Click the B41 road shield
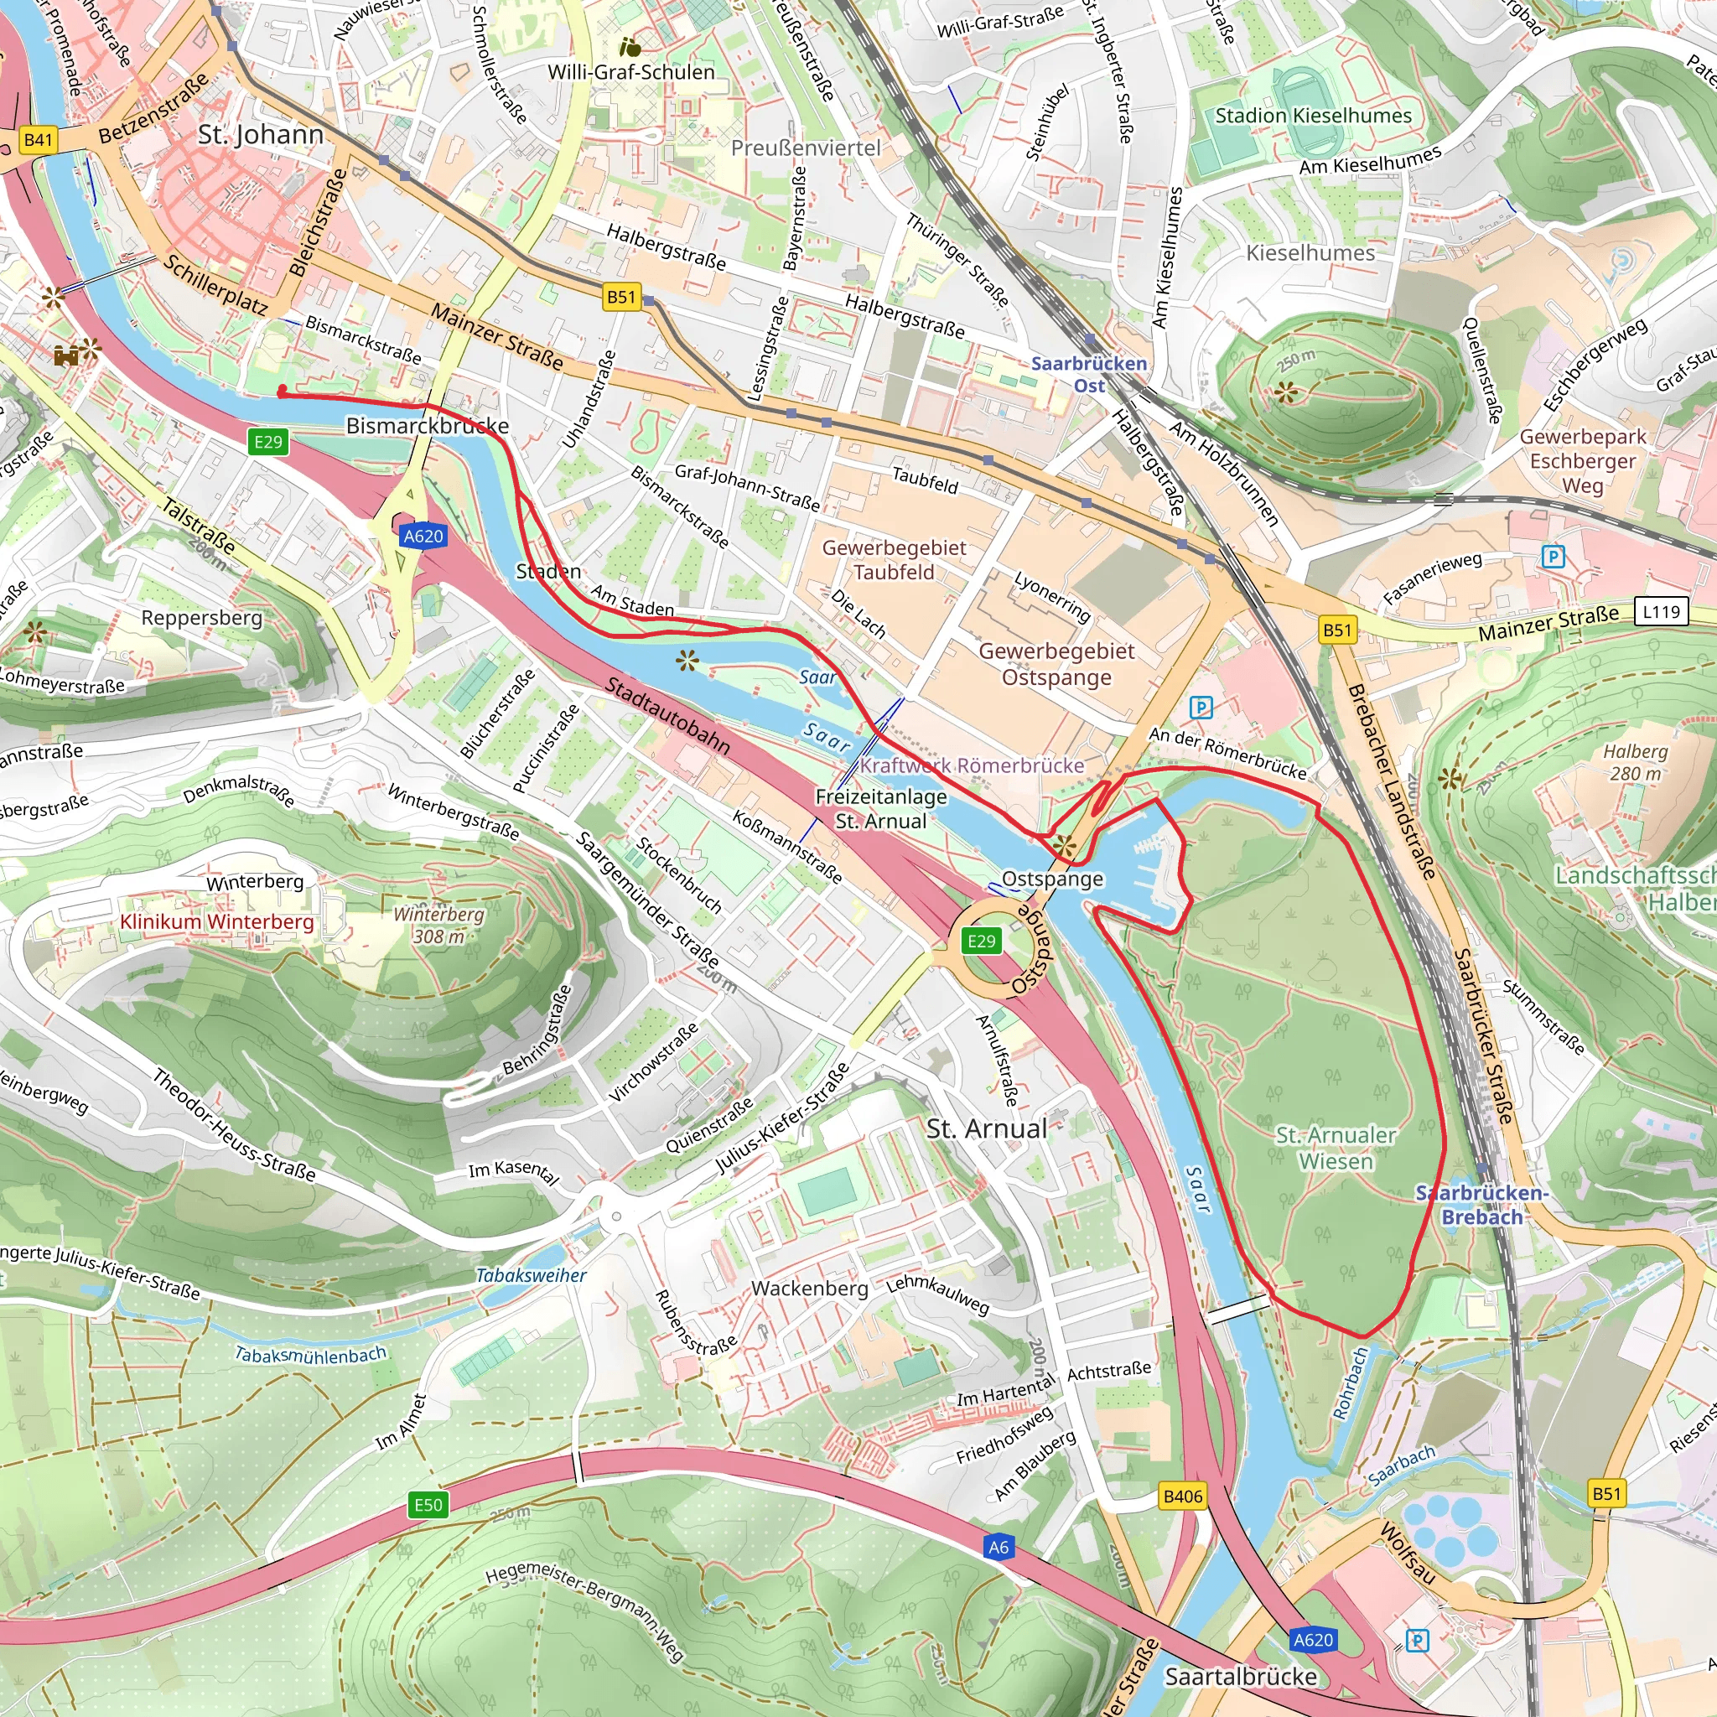click(39, 139)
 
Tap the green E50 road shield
click(428, 1505)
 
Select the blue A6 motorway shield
click(998, 1548)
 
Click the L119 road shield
click(1661, 611)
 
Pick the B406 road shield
click(1183, 1497)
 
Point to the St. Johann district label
click(261, 134)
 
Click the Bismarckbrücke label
click(428, 426)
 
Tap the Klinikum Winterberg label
click(217, 921)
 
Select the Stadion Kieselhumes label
click(1314, 116)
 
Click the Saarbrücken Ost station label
click(1089, 374)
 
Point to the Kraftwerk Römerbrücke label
click(972, 765)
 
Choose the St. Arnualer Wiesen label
click(1336, 1148)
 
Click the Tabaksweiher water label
click(531, 1275)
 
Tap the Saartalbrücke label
click(1241, 1677)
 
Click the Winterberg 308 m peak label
click(439, 926)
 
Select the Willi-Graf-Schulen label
click(631, 72)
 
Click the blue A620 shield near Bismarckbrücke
click(423, 536)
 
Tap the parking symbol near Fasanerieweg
click(1553, 558)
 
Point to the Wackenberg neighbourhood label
click(810, 1288)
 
